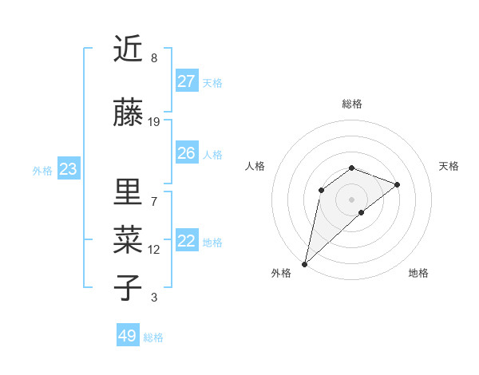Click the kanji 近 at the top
click(x=128, y=49)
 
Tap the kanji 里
click(x=128, y=191)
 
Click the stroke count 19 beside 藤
click(x=154, y=122)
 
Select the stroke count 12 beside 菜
click(x=154, y=250)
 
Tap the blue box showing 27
click(x=187, y=81)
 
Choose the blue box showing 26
click(x=187, y=153)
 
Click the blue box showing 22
click(x=187, y=241)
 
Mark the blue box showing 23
click(x=68, y=169)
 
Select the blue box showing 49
click(x=128, y=336)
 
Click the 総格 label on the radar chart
click(x=352, y=104)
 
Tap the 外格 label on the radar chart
click(x=281, y=273)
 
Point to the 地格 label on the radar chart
click(x=418, y=273)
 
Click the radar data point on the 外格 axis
click(x=304, y=264)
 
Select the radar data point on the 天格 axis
click(x=398, y=184)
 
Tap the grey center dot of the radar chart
click(x=351, y=199)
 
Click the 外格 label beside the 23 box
click(x=42, y=170)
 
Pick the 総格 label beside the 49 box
click(x=153, y=337)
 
